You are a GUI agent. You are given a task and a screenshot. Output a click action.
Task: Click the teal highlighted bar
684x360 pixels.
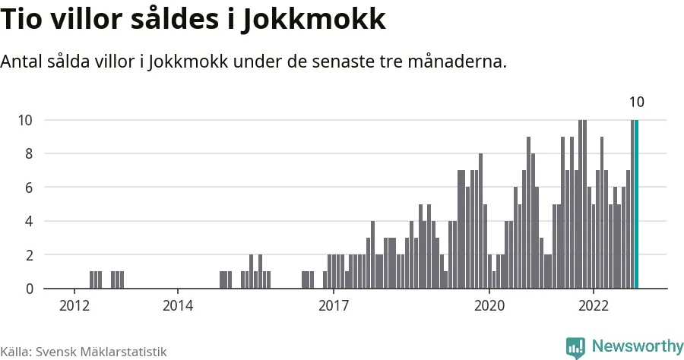(x=637, y=204)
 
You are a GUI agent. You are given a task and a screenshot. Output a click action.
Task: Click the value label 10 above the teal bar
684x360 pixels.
(x=637, y=103)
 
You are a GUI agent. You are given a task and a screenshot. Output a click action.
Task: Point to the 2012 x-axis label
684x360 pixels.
(x=74, y=305)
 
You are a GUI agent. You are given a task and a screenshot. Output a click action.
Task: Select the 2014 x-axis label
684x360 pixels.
(x=177, y=305)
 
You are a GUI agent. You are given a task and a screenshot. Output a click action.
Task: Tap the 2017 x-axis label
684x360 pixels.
(x=333, y=305)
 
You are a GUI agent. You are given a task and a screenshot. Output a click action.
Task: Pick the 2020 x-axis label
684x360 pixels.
(x=489, y=305)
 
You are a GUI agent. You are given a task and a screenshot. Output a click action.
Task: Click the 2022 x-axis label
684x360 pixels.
(x=593, y=305)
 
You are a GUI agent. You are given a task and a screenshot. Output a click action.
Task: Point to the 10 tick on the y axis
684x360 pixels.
(x=26, y=120)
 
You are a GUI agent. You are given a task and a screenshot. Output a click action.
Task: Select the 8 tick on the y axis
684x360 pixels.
(x=29, y=153)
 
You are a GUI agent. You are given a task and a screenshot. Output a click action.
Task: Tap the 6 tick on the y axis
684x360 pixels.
(x=29, y=188)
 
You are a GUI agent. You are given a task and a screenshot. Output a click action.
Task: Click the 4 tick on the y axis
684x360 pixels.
(x=29, y=221)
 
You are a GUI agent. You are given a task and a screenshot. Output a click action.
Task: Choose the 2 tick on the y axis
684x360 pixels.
(x=29, y=255)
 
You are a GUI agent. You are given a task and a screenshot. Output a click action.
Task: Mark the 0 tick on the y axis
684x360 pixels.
(x=29, y=289)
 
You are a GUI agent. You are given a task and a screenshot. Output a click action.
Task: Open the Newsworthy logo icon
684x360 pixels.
(x=575, y=347)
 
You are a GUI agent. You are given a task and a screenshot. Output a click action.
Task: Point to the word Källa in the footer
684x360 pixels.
(x=15, y=352)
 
